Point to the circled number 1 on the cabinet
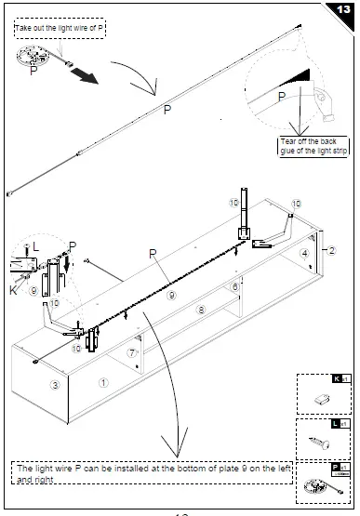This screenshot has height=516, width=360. pos(104,381)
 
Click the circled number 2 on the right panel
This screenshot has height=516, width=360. pos(329,251)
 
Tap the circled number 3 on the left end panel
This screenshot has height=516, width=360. pos(55,384)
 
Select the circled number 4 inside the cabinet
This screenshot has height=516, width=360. pos(303,254)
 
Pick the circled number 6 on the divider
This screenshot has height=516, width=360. pos(235,287)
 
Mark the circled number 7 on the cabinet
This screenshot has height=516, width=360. pos(132,353)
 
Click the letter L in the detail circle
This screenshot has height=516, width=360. pos(34,245)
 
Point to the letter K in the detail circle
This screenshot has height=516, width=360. pos(13,290)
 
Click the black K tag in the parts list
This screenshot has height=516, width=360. pos(340,379)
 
